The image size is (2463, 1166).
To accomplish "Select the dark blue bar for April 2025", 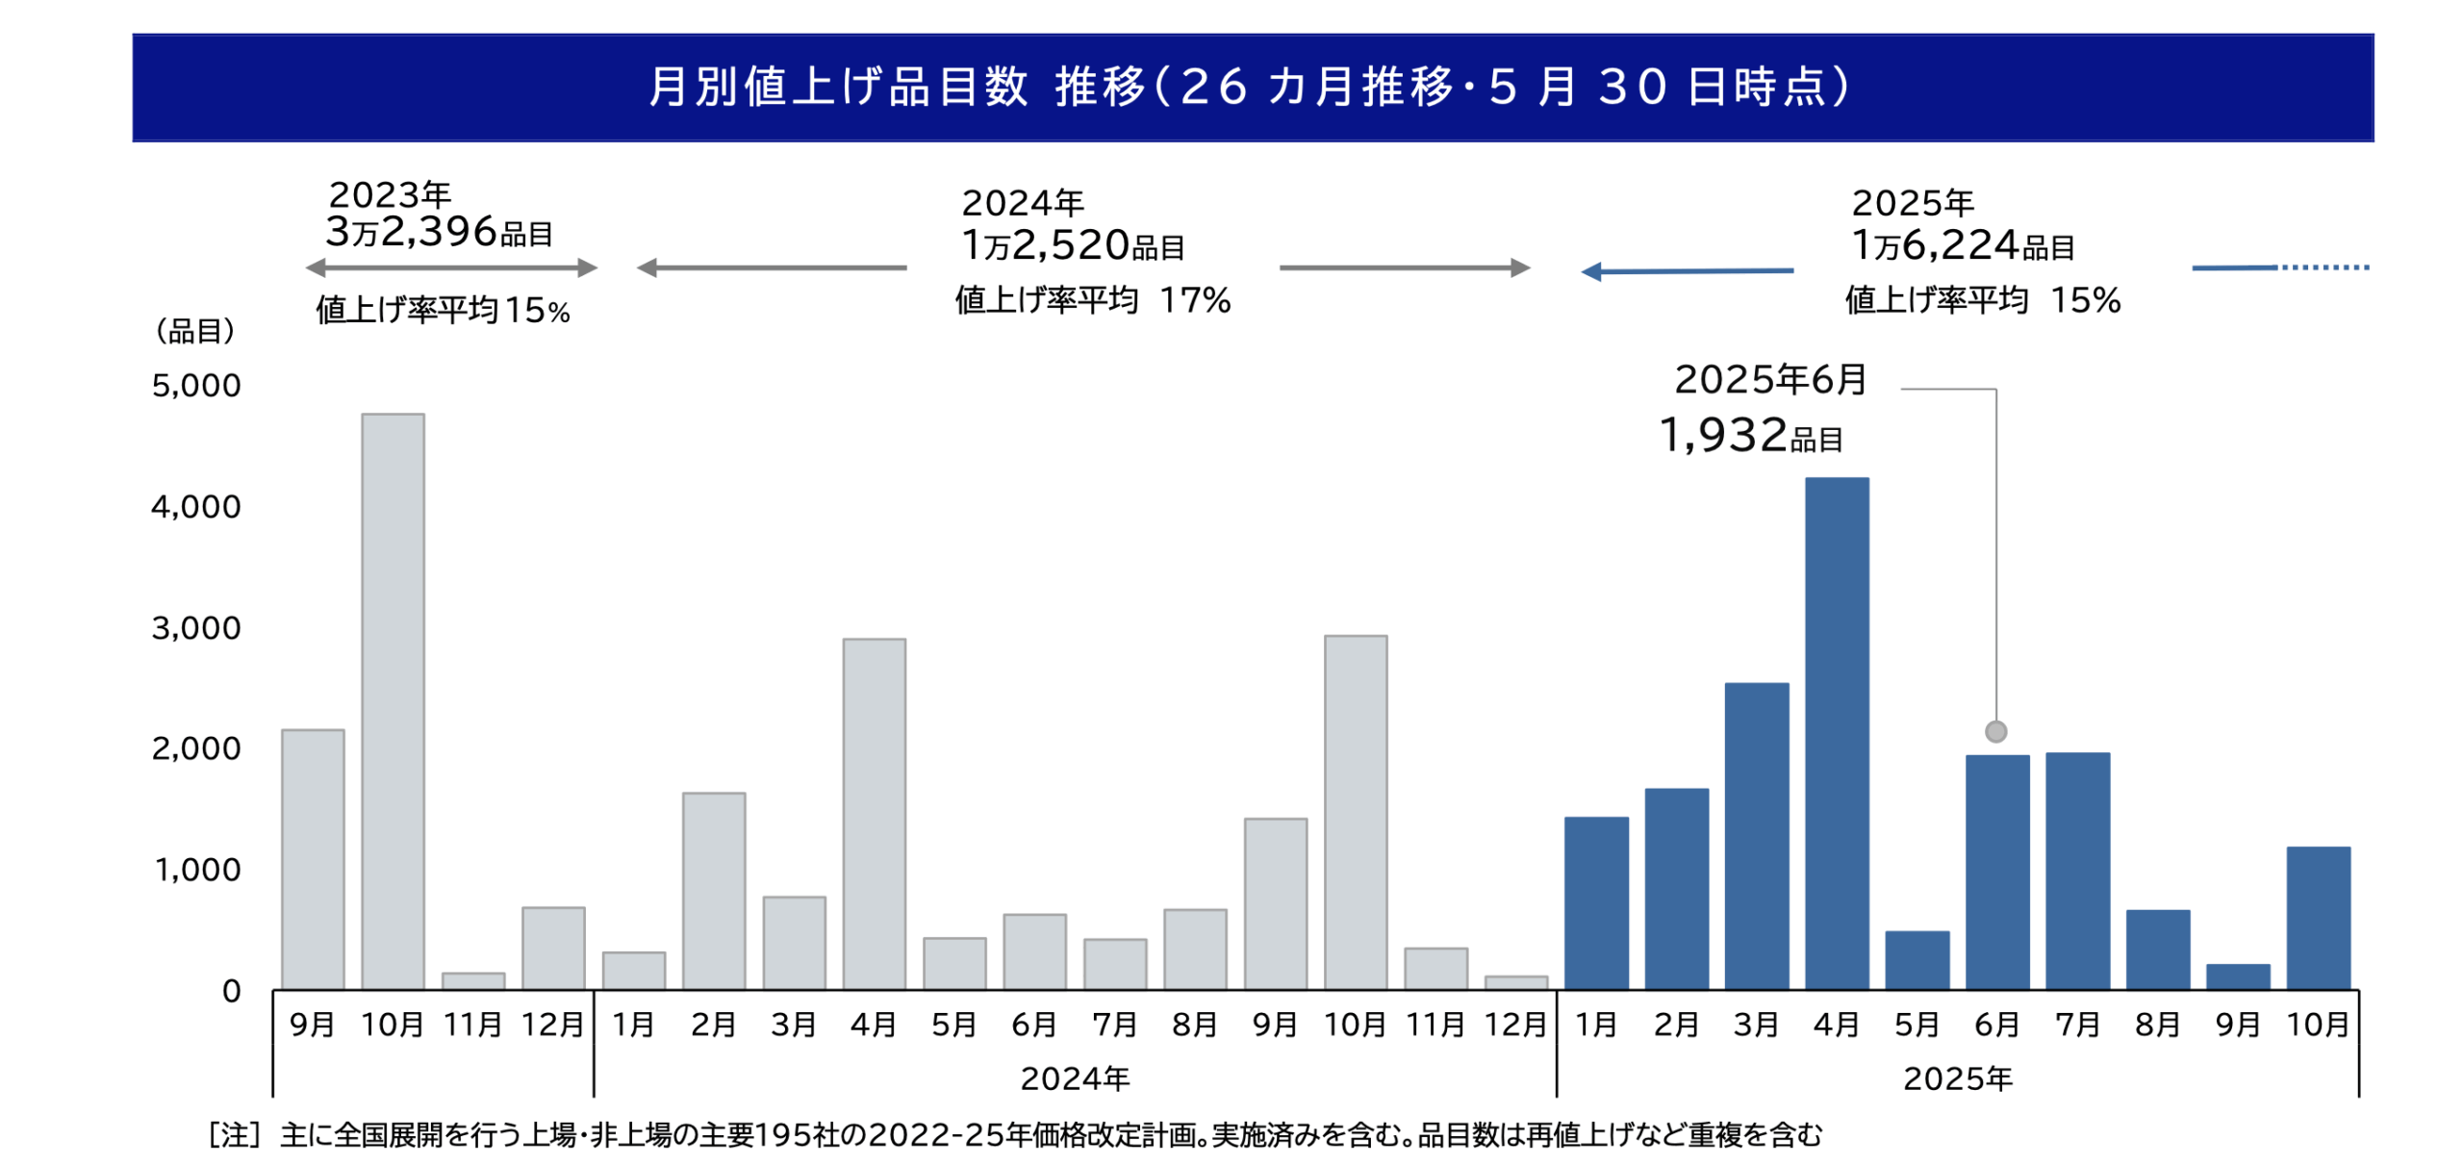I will coord(1836,732).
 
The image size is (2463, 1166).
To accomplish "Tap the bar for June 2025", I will coord(1996,871).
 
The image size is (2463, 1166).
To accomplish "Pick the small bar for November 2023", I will coord(472,979).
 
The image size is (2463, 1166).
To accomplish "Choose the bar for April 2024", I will coord(874,813).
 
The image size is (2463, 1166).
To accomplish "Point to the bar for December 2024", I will coord(1515,981).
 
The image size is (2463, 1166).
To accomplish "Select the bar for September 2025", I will coord(2237,976).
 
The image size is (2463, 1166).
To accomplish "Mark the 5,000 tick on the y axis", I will coord(196,386).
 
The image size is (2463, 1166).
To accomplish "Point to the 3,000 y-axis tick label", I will coord(196,628).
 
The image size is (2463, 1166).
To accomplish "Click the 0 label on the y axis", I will coord(231,991).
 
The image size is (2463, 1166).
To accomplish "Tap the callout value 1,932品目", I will coord(1749,436).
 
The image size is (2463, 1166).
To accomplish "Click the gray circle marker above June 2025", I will coord(1995,731).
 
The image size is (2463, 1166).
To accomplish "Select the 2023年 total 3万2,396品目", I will coord(439,232).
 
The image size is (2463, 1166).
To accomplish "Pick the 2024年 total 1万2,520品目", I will coord(1072,245).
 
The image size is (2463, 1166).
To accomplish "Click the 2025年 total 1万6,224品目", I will coord(1962,245).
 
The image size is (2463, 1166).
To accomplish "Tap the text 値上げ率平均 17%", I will coord(1092,301).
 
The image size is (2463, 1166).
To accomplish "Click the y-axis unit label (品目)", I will coord(195,331).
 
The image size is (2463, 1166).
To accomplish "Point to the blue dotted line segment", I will coord(2323,266).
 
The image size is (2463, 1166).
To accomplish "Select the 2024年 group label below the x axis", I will coord(1074,1078).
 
